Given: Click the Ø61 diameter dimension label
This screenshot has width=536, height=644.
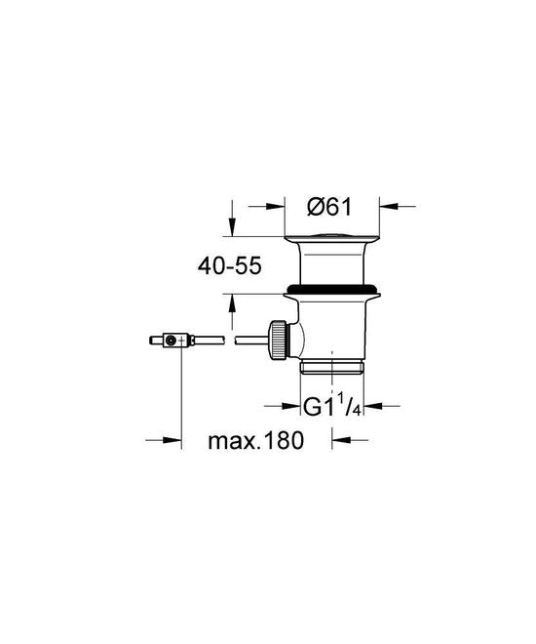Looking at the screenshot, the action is pos(329,207).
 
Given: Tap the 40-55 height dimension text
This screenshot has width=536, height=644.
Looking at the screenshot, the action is pos(229,266).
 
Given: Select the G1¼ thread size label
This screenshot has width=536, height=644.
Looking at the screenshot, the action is pos(331,406).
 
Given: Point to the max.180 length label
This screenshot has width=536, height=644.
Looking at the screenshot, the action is pos(256,441).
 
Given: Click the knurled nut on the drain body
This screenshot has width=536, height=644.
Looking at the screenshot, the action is pos(277,341).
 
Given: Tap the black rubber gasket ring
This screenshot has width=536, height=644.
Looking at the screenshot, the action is pos(332,288).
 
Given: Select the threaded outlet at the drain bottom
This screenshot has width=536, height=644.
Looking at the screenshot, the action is pos(331,367).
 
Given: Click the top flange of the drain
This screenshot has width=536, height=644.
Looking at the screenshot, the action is pos(331,238).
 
